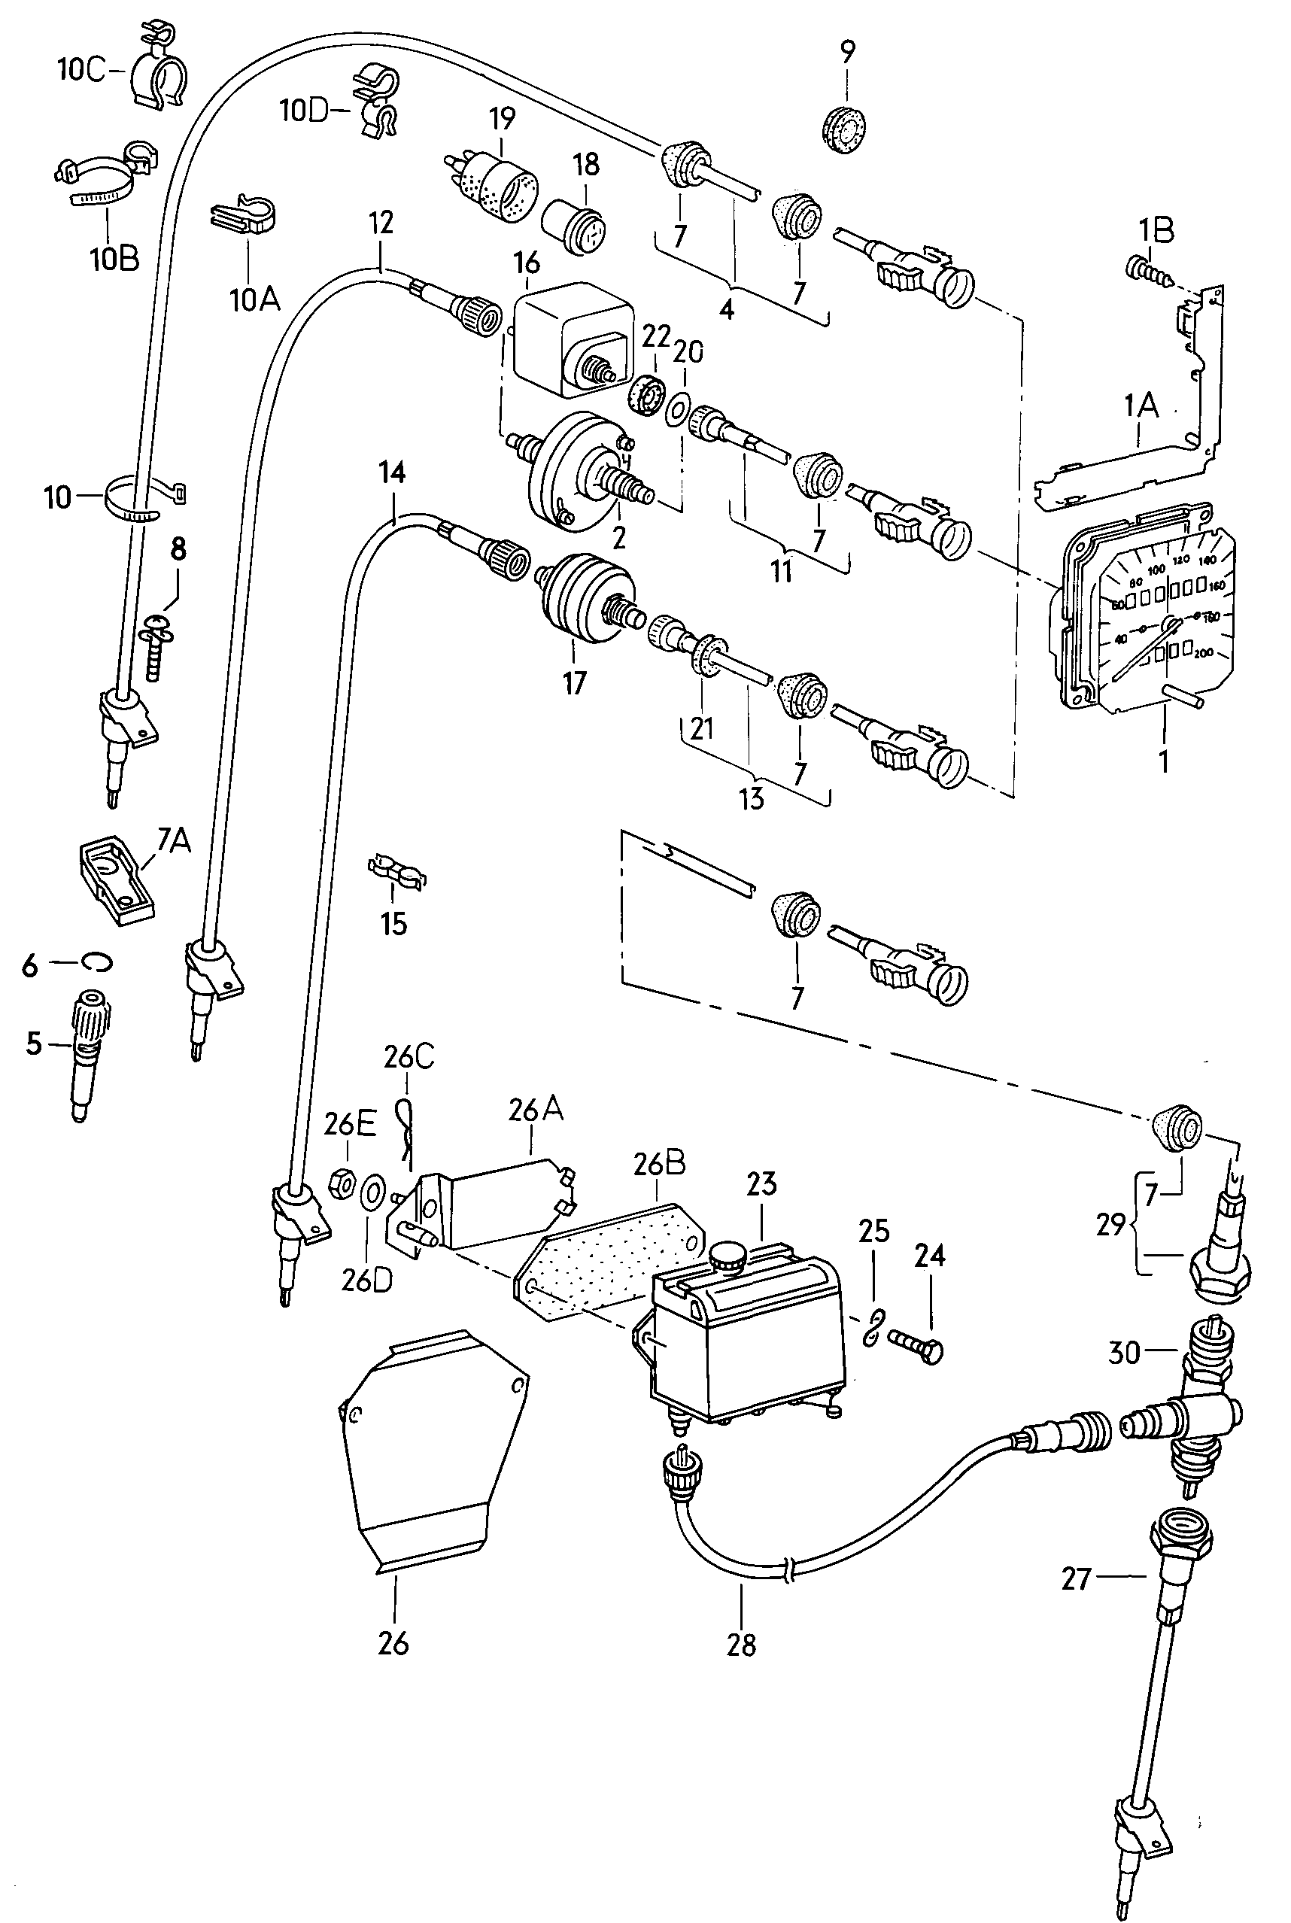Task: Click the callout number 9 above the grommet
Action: click(847, 52)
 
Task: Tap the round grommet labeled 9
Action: click(845, 129)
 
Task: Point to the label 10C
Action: click(81, 70)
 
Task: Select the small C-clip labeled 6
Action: click(96, 961)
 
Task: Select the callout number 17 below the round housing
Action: click(575, 682)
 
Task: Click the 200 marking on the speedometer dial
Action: click(1203, 653)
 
